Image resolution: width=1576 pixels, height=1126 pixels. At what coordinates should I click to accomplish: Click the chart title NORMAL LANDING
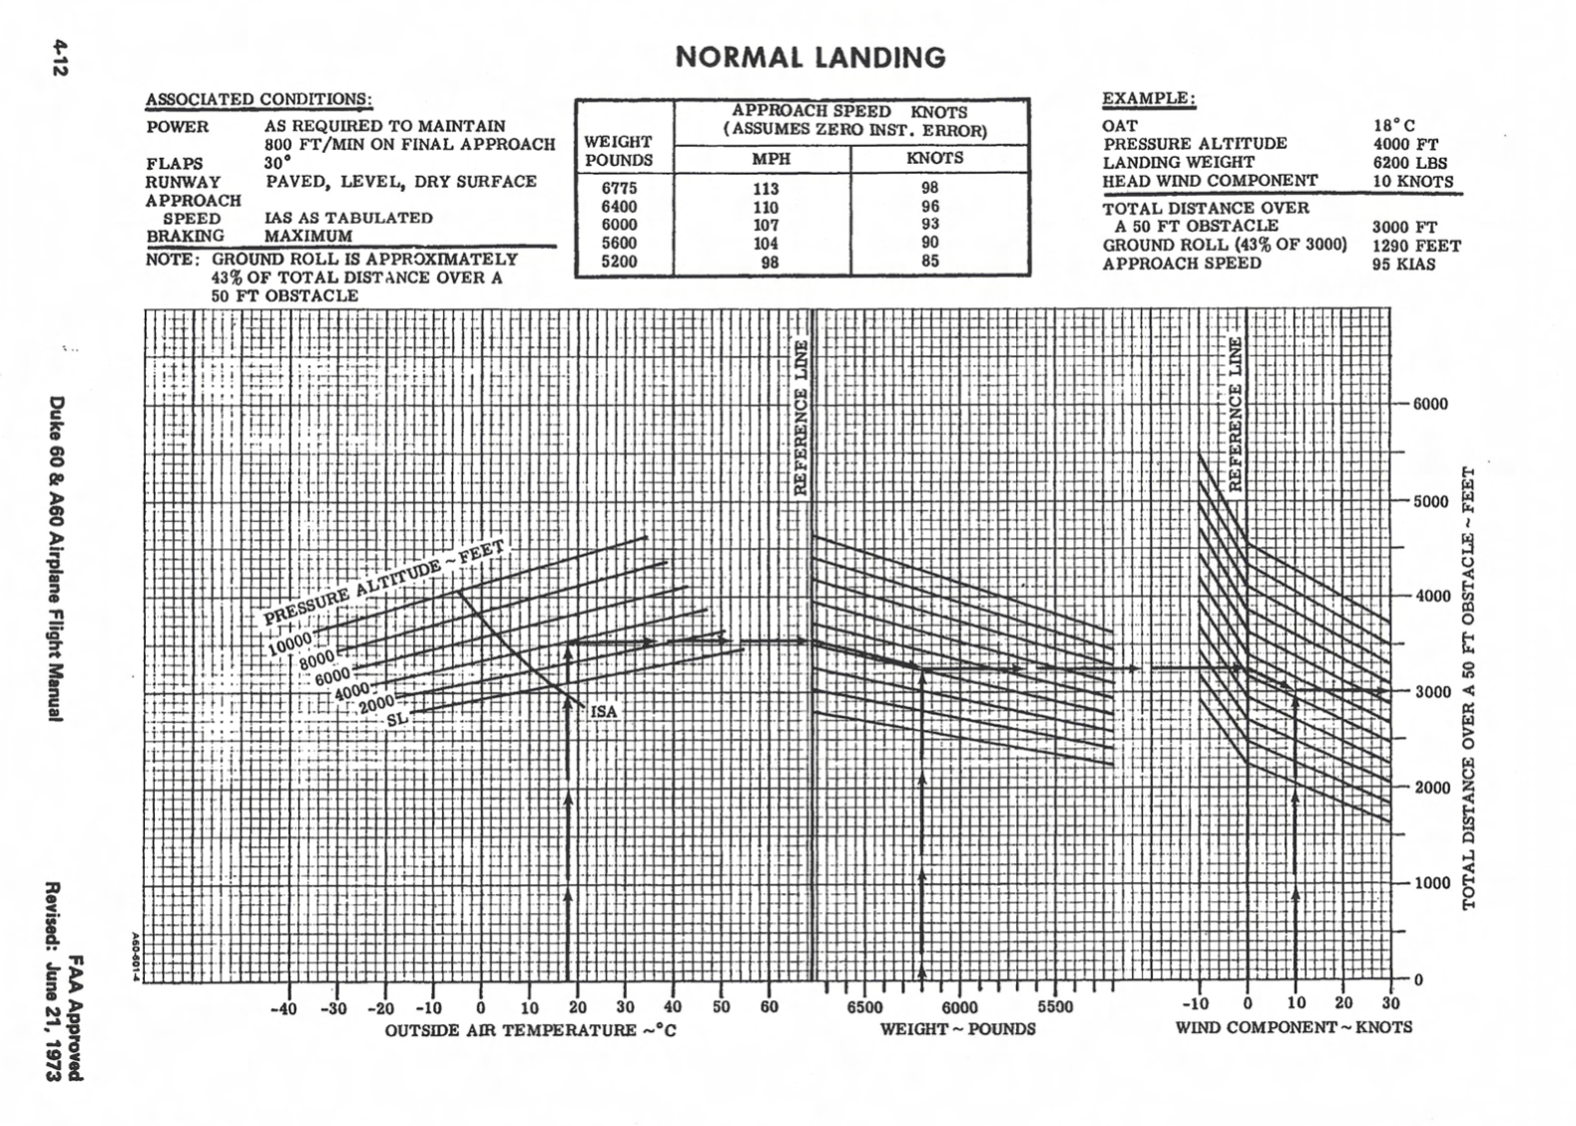(809, 57)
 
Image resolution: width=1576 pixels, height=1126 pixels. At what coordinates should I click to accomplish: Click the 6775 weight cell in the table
(619, 188)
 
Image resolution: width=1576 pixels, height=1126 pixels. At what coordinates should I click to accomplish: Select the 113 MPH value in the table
(767, 189)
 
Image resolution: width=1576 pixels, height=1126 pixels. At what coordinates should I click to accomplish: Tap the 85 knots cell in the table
(929, 262)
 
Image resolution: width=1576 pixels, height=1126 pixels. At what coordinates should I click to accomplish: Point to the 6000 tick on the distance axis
(1429, 404)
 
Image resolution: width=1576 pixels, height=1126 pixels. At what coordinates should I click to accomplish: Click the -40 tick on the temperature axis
(284, 1008)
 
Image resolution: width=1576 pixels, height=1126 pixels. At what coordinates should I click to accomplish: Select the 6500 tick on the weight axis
(864, 1007)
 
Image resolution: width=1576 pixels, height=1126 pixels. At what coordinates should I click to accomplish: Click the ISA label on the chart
(603, 712)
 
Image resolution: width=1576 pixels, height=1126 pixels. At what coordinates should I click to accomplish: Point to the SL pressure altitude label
(396, 718)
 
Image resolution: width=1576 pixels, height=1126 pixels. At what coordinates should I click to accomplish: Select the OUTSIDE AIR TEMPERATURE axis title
(530, 1030)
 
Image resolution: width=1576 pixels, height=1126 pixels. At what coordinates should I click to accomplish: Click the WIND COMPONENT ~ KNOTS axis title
(1293, 1027)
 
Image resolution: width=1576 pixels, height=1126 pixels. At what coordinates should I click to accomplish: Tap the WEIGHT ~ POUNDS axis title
(957, 1028)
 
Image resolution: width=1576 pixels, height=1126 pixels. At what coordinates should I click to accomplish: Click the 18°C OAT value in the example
(1393, 126)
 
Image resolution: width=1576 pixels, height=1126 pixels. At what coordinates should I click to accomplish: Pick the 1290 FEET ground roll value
(1415, 246)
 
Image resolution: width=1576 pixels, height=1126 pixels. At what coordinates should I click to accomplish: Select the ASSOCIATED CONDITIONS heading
(259, 100)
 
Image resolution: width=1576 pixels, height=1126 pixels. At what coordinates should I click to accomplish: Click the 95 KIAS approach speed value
(1403, 265)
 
